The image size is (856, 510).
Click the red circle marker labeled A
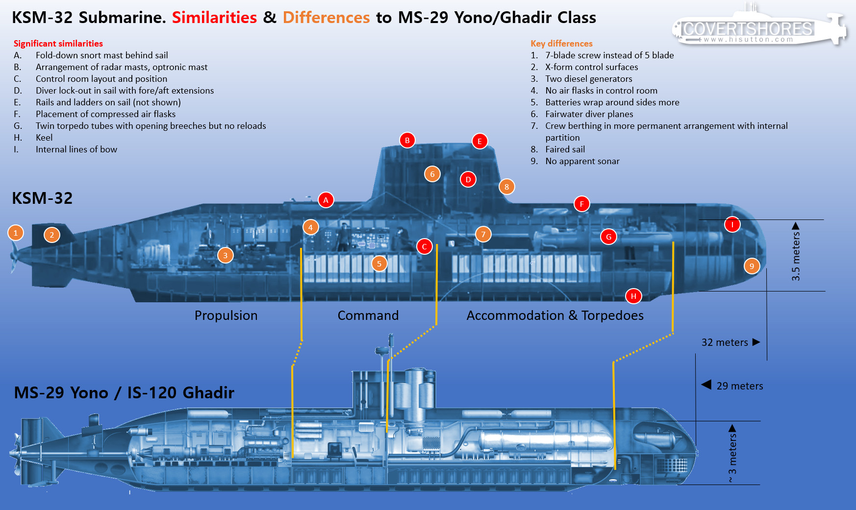tap(326, 200)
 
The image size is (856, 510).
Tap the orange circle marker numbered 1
tap(16, 233)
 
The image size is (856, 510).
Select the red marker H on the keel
tap(633, 296)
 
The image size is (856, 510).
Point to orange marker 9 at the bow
tap(752, 266)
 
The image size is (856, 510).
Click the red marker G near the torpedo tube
tap(608, 237)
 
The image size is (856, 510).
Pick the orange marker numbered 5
tap(379, 264)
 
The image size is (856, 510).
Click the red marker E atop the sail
tap(479, 141)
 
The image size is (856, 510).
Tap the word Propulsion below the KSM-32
tap(226, 316)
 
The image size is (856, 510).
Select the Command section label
tap(368, 316)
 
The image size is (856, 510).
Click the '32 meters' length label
tap(725, 342)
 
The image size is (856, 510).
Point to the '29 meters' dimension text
tap(740, 386)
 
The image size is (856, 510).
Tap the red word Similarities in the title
tap(214, 18)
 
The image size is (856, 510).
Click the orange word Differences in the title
tap(326, 18)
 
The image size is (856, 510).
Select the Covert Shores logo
tap(759, 27)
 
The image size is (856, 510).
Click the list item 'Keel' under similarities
tap(44, 138)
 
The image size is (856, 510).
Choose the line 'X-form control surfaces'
tap(592, 67)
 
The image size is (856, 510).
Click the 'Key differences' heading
tap(561, 44)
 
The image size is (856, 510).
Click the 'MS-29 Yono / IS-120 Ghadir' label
tap(124, 393)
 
